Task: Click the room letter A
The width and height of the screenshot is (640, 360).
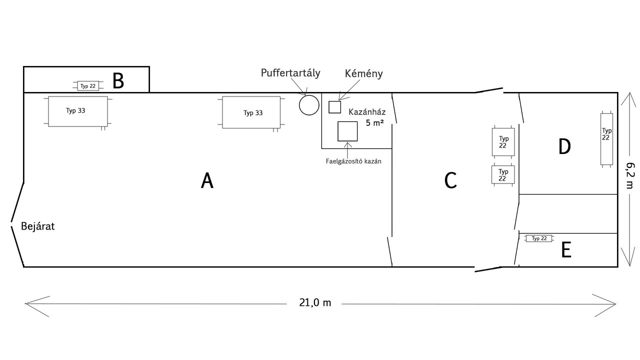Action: (207, 180)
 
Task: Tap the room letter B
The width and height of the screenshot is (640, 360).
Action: (118, 80)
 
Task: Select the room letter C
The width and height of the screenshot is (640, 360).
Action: (450, 180)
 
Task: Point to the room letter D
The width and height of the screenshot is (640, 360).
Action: (564, 146)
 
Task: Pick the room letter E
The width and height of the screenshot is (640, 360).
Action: (566, 250)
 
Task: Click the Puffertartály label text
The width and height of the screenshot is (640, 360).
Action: (290, 73)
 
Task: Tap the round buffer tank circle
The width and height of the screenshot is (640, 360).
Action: (309, 105)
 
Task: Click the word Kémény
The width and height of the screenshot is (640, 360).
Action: (363, 73)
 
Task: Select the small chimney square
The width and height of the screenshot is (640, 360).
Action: (334, 107)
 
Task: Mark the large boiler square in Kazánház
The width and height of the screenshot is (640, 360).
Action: (347, 131)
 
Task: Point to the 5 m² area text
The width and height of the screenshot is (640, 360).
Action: (374, 122)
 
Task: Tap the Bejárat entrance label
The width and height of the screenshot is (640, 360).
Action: (37, 226)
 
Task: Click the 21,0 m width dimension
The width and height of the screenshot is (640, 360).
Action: (315, 303)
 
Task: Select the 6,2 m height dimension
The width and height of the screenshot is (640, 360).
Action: (628, 176)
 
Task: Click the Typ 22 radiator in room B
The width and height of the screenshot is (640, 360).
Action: (88, 86)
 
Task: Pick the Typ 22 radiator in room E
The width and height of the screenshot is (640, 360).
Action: (539, 238)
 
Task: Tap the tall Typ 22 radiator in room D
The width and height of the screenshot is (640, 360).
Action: (606, 138)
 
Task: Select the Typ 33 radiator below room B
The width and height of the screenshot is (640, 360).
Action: (77, 111)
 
